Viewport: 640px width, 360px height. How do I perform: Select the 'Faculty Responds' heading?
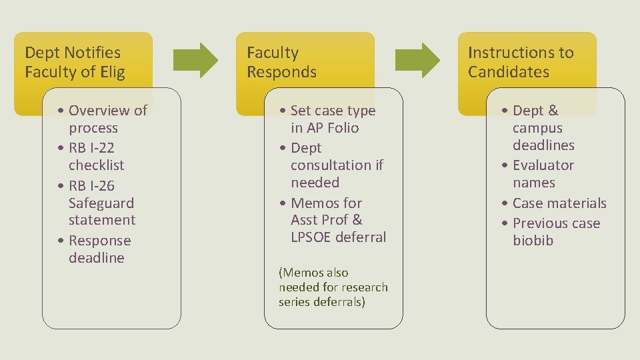coord(282,62)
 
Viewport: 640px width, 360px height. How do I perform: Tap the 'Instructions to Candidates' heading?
coord(521,62)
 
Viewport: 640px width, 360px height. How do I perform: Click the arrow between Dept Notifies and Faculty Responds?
coord(195,61)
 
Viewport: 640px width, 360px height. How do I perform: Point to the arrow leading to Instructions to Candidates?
coord(417,61)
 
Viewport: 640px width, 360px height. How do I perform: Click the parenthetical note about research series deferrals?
coord(333,287)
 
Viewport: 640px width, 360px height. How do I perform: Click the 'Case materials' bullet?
coord(555,203)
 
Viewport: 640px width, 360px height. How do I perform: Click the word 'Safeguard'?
coord(101,203)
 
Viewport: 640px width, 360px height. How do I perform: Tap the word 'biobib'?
coord(533,241)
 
